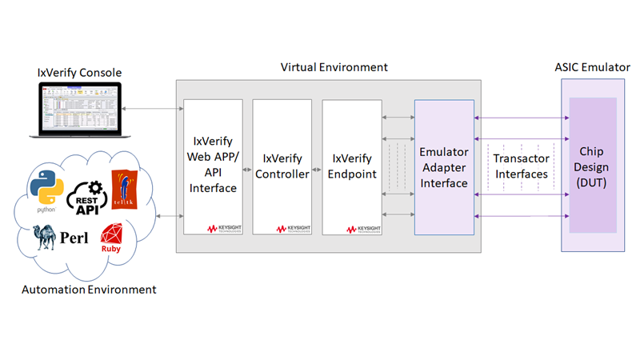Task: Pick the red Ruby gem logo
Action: (x=110, y=238)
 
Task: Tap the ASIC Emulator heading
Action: (x=592, y=67)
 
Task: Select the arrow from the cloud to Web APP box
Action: (x=169, y=216)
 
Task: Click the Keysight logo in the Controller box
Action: (x=291, y=228)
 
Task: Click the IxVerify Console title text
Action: (x=79, y=73)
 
